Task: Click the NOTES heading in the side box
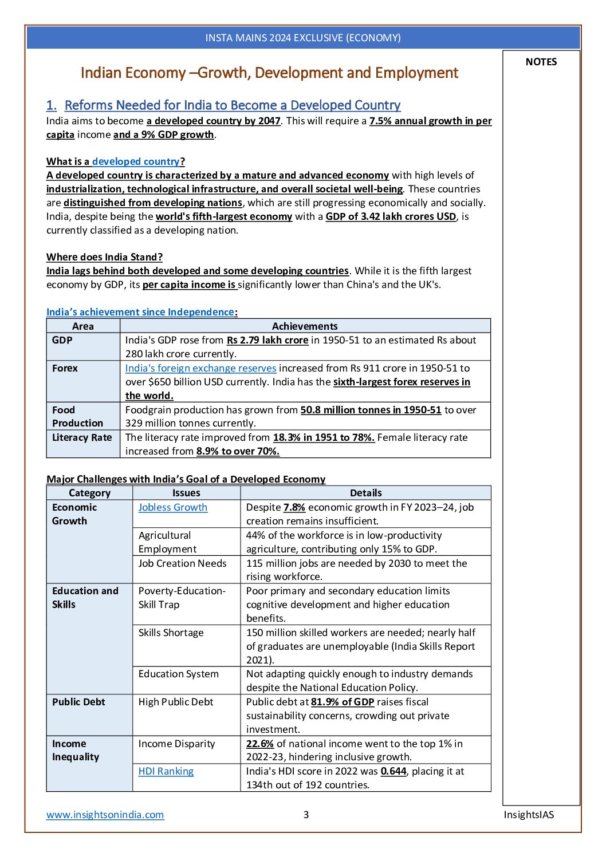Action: click(x=541, y=62)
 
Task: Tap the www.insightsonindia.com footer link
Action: click(x=105, y=814)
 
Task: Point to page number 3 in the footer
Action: click(x=306, y=814)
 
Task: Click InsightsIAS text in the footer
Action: click(x=529, y=814)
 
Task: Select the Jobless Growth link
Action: click(x=172, y=507)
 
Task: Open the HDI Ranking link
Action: click(x=166, y=771)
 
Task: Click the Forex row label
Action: click(x=65, y=368)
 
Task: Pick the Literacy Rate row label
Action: click(x=82, y=437)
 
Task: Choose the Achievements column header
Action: click(x=305, y=326)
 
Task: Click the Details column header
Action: click(x=365, y=493)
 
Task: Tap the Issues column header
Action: click(x=186, y=493)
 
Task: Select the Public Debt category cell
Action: click(x=78, y=702)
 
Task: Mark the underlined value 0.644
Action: click(x=393, y=771)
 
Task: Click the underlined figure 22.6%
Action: click(x=260, y=744)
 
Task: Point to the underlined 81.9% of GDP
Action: click(x=343, y=702)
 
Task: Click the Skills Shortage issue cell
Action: click(x=171, y=633)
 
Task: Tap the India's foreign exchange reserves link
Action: click(x=200, y=368)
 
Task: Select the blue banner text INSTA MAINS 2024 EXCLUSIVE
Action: click(x=303, y=38)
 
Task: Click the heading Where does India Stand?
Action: click(x=104, y=257)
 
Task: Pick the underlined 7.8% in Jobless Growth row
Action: click(x=294, y=507)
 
